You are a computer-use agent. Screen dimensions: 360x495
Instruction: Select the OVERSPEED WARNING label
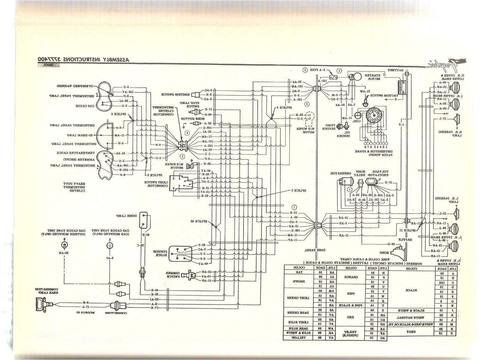[74, 85]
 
